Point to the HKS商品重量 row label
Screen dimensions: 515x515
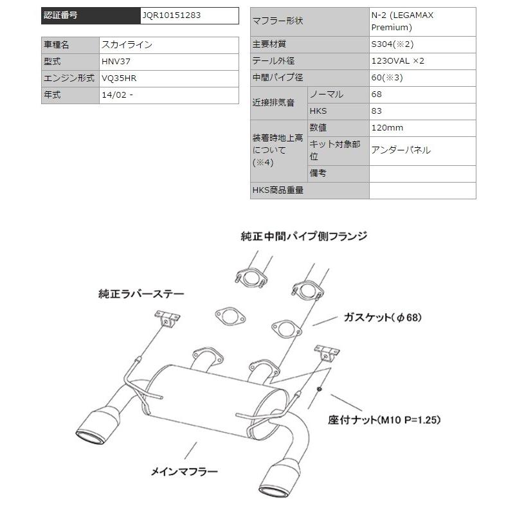[278, 190]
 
